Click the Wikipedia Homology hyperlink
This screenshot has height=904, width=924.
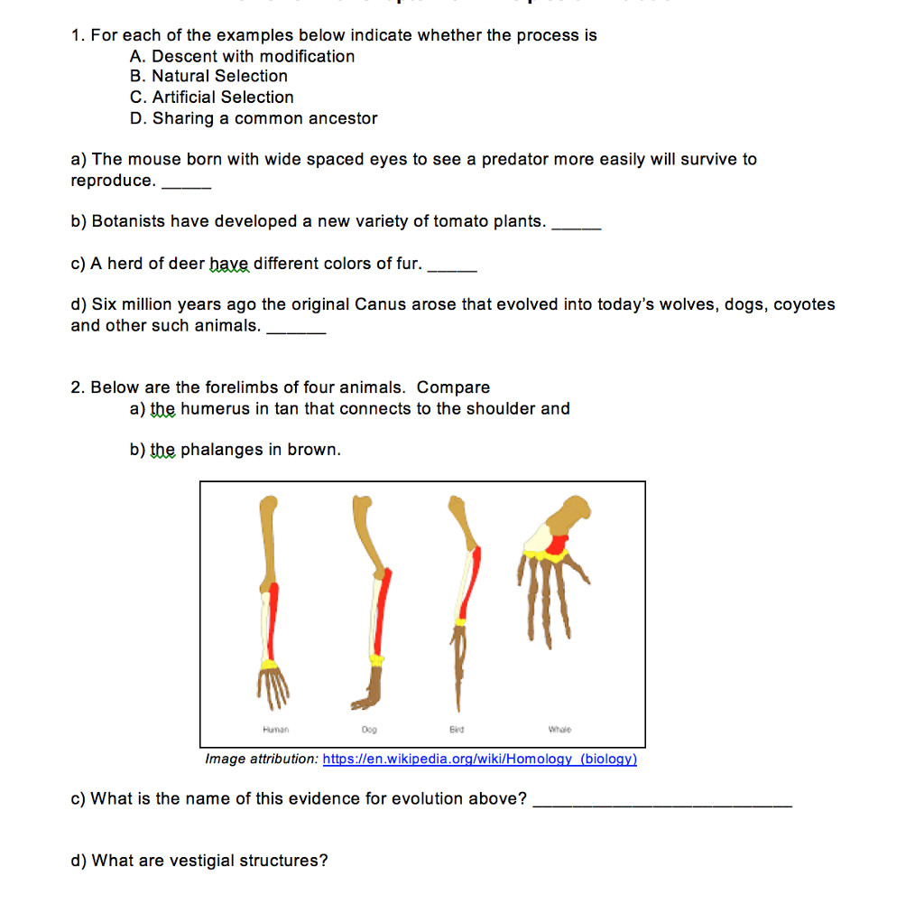tap(479, 760)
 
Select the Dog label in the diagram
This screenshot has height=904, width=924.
tap(368, 729)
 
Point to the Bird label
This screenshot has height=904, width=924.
tap(456, 729)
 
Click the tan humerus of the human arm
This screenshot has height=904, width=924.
tap(268, 537)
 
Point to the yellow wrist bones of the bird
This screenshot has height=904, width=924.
tap(460, 622)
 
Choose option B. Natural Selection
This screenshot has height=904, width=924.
tap(208, 77)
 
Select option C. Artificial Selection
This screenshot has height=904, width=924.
tap(211, 98)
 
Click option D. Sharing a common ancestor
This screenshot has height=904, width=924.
tap(253, 118)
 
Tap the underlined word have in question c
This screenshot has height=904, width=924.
tap(229, 264)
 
